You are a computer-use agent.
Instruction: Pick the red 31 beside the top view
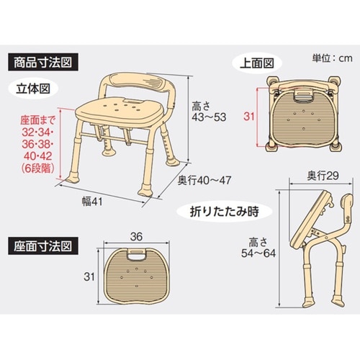tap(248, 115)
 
